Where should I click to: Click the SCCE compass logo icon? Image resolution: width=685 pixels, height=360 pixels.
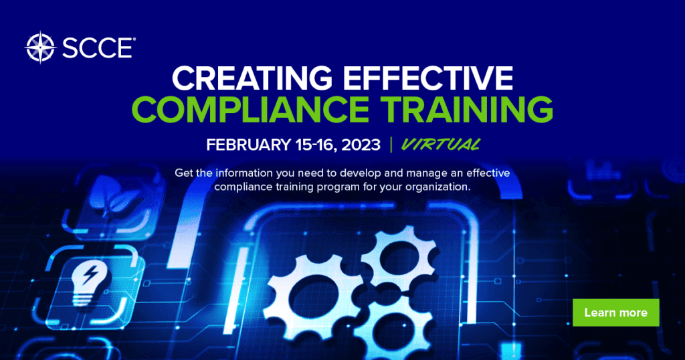(38, 47)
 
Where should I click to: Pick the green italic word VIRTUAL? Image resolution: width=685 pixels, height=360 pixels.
(441, 144)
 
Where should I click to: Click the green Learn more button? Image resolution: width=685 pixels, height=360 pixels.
(615, 312)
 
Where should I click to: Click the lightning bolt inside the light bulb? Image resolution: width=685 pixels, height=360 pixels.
(93, 274)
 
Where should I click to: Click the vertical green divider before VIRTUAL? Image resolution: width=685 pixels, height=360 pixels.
(391, 145)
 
